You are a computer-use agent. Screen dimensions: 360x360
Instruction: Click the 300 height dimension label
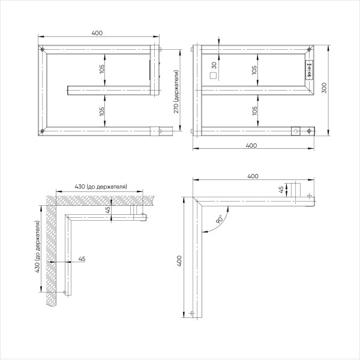325,88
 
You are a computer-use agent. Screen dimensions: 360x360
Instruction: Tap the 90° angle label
220,221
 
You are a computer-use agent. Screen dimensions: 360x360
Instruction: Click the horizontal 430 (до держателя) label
101,187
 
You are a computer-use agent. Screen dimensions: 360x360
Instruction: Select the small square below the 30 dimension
212,76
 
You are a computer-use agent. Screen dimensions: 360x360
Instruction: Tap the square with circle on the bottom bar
295,131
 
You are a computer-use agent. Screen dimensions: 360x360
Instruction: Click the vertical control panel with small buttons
310,69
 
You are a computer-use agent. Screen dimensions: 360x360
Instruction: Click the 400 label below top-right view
252,146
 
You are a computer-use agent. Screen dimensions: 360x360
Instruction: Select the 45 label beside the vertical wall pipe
82,259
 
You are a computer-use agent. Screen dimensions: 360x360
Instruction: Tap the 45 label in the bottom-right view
281,189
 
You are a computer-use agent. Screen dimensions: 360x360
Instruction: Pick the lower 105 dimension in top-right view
255,110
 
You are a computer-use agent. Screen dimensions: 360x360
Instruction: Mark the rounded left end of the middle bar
68,90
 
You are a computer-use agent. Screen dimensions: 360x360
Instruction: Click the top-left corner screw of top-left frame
42,49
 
